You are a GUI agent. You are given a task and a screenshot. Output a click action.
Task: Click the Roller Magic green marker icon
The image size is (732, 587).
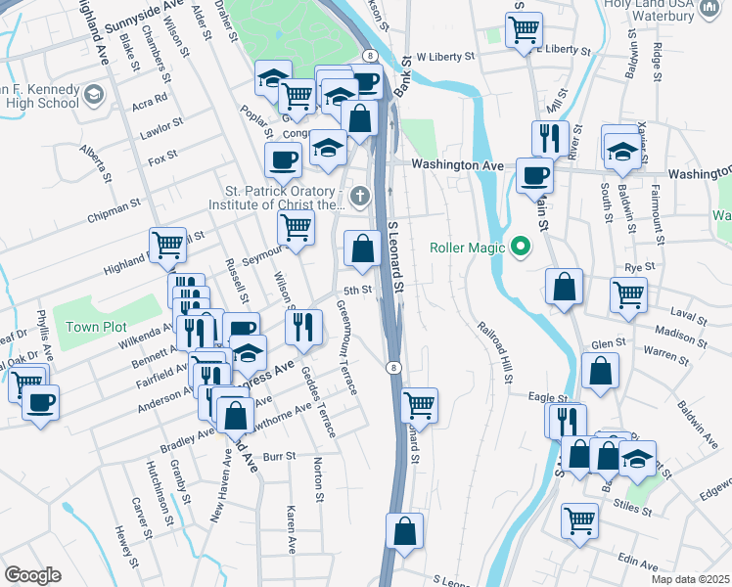point(522,247)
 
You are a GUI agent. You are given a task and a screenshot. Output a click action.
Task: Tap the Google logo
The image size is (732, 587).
point(32,575)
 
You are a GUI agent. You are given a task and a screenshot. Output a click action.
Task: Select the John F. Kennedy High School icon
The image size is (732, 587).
point(94,95)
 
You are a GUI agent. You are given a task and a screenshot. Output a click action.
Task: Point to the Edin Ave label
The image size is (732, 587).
point(639,564)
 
